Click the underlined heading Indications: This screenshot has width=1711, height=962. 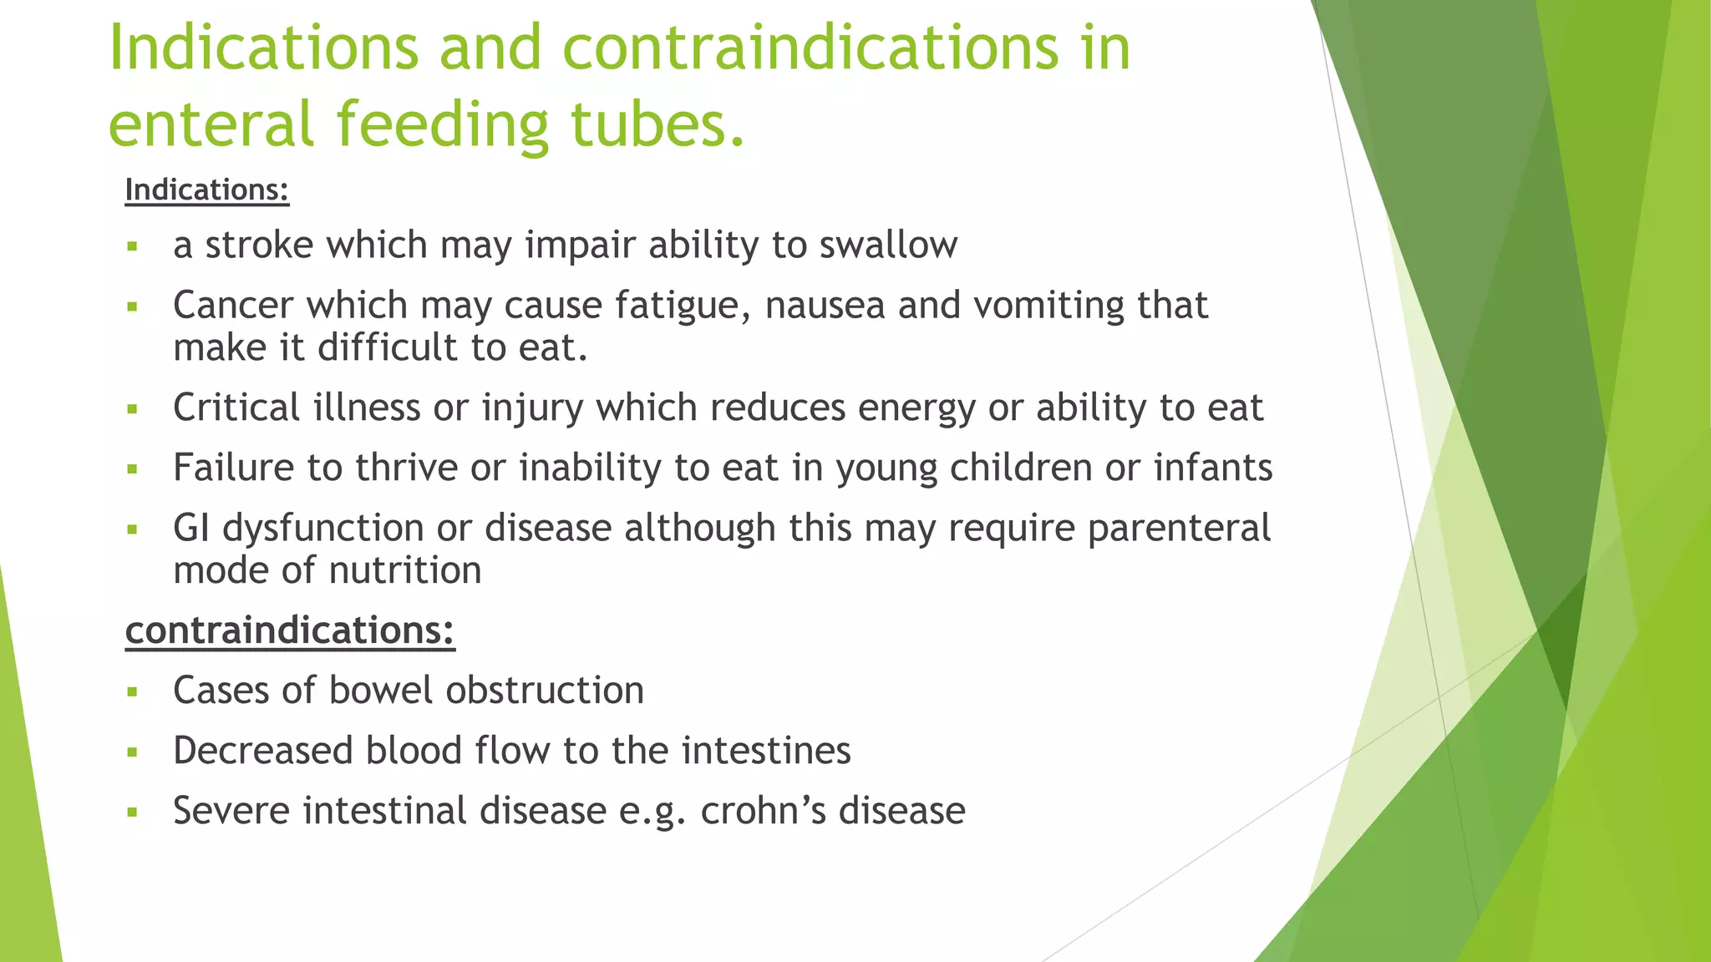coord(206,190)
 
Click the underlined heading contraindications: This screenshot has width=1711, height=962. coord(289,630)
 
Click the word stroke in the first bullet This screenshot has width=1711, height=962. coord(259,245)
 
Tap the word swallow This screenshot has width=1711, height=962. coord(888,245)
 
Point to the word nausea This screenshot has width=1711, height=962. coord(824,305)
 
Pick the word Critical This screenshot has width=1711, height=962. coord(236,408)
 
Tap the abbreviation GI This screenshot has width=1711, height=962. coord(190,528)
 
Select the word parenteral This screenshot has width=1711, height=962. coord(1179,528)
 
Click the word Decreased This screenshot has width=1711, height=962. coord(262,751)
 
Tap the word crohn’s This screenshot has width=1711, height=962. coord(762,811)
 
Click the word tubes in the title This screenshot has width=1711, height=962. coord(656,124)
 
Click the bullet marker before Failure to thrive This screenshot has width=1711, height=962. coord(132,469)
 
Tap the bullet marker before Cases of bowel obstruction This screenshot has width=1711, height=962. coord(132,692)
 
